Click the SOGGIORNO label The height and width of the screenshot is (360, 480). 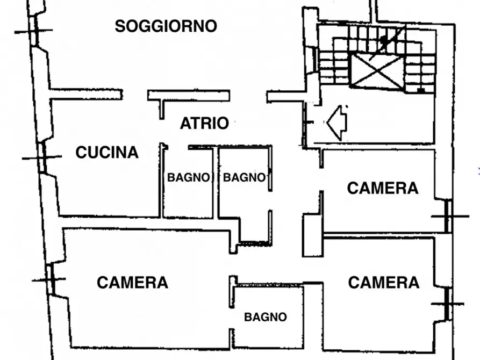(x=166, y=26)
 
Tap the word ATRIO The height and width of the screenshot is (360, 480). (x=204, y=124)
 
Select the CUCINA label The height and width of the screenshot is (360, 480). (x=107, y=152)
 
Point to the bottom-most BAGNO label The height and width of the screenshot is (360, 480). (x=266, y=317)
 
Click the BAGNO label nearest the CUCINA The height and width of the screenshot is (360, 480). (x=188, y=177)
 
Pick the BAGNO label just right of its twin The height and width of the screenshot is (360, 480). (x=244, y=177)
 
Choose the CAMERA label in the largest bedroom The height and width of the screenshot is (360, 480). (x=133, y=282)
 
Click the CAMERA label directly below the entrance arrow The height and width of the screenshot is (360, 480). (x=383, y=188)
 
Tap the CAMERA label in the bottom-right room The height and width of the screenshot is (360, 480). (x=384, y=282)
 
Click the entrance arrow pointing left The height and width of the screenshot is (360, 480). (x=336, y=123)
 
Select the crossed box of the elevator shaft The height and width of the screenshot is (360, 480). (x=377, y=71)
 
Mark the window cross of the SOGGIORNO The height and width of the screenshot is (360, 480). (x=34, y=31)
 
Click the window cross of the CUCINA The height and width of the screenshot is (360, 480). (x=42, y=157)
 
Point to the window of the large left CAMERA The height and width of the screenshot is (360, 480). (x=51, y=279)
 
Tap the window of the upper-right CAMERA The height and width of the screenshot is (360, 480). (x=449, y=216)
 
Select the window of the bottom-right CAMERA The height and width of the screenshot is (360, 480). (x=448, y=304)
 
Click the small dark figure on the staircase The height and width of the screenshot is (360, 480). (x=383, y=41)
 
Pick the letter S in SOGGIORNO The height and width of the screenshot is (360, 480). (x=120, y=26)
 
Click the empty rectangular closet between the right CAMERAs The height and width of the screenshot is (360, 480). (x=313, y=235)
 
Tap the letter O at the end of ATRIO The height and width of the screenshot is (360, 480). (x=223, y=124)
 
